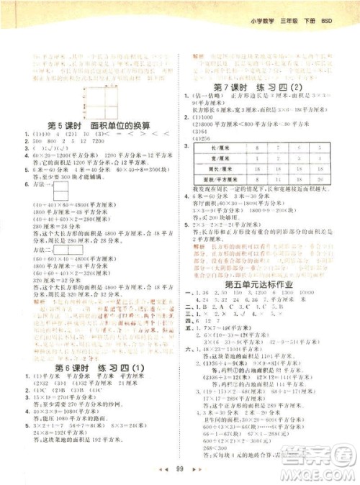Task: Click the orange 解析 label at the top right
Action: pyautogui.click(x=202, y=55)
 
